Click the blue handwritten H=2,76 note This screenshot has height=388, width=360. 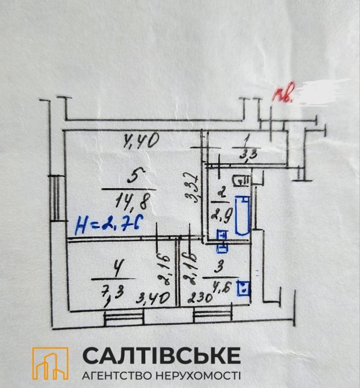click(109, 225)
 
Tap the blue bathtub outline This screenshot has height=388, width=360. click(243, 215)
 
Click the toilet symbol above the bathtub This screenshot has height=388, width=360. click(240, 181)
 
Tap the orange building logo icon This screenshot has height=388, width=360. click(50, 363)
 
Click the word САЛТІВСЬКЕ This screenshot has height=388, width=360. click(161, 354)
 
